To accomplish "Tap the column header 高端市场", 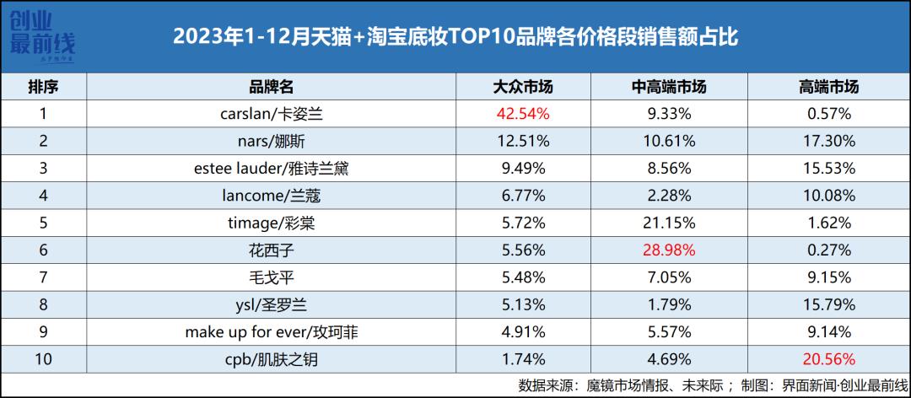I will tap(827, 87).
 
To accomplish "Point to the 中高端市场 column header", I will tap(668, 87).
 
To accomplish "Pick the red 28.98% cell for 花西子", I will tap(668, 250).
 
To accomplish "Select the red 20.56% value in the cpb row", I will tap(827, 360).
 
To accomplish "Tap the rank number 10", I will tap(43, 360).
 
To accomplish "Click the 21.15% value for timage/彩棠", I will tap(668, 223).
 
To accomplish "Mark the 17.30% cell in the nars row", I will tap(827, 140).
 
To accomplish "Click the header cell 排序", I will tap(43, 87).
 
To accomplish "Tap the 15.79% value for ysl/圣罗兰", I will tap(827, 305).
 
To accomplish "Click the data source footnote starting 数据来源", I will tap(709, 385).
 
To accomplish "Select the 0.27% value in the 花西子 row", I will tap(827, 250).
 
